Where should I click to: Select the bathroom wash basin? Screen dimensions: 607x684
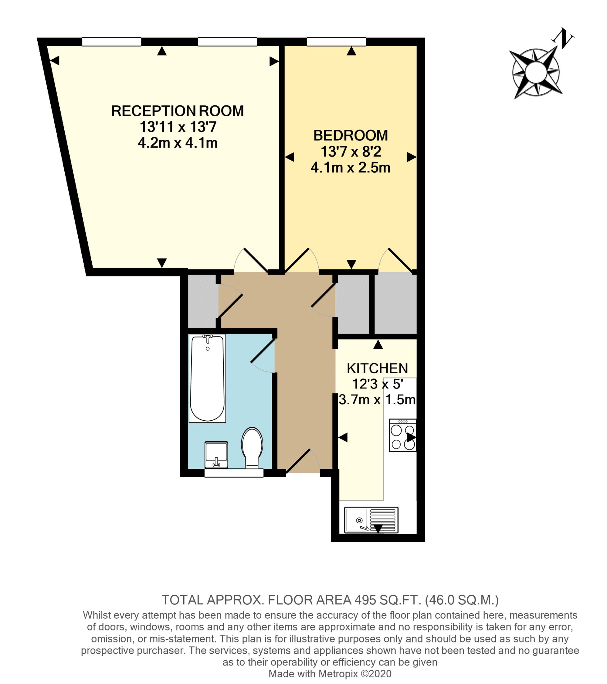(216, 454)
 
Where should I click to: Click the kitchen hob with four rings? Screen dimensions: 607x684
(403, 435)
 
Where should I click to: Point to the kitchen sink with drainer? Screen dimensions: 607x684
(371, 520)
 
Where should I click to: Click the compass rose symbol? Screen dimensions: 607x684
(536, 72)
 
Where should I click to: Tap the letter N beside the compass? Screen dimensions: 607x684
(563, 39)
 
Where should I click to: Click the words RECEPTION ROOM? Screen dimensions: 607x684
(178, 111)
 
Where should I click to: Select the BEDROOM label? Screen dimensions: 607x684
(351, 135)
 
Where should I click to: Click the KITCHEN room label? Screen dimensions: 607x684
(377, 368)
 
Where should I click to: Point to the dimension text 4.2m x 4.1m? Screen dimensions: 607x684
(178, 143)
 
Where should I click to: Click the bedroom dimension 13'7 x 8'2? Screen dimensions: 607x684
(351, 152)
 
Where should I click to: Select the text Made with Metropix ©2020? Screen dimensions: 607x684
(330, 674)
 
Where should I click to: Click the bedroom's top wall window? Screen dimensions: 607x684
(336, 42)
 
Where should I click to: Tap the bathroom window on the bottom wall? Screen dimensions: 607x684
(234, 473)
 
